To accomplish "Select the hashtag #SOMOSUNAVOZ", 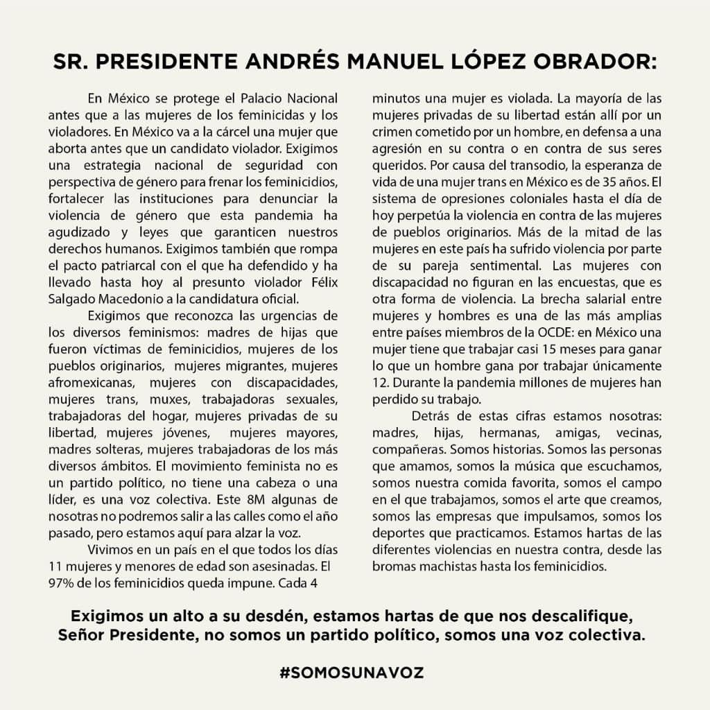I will click(x=352, y=673).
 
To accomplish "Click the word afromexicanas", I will click(x=89, y=382).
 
